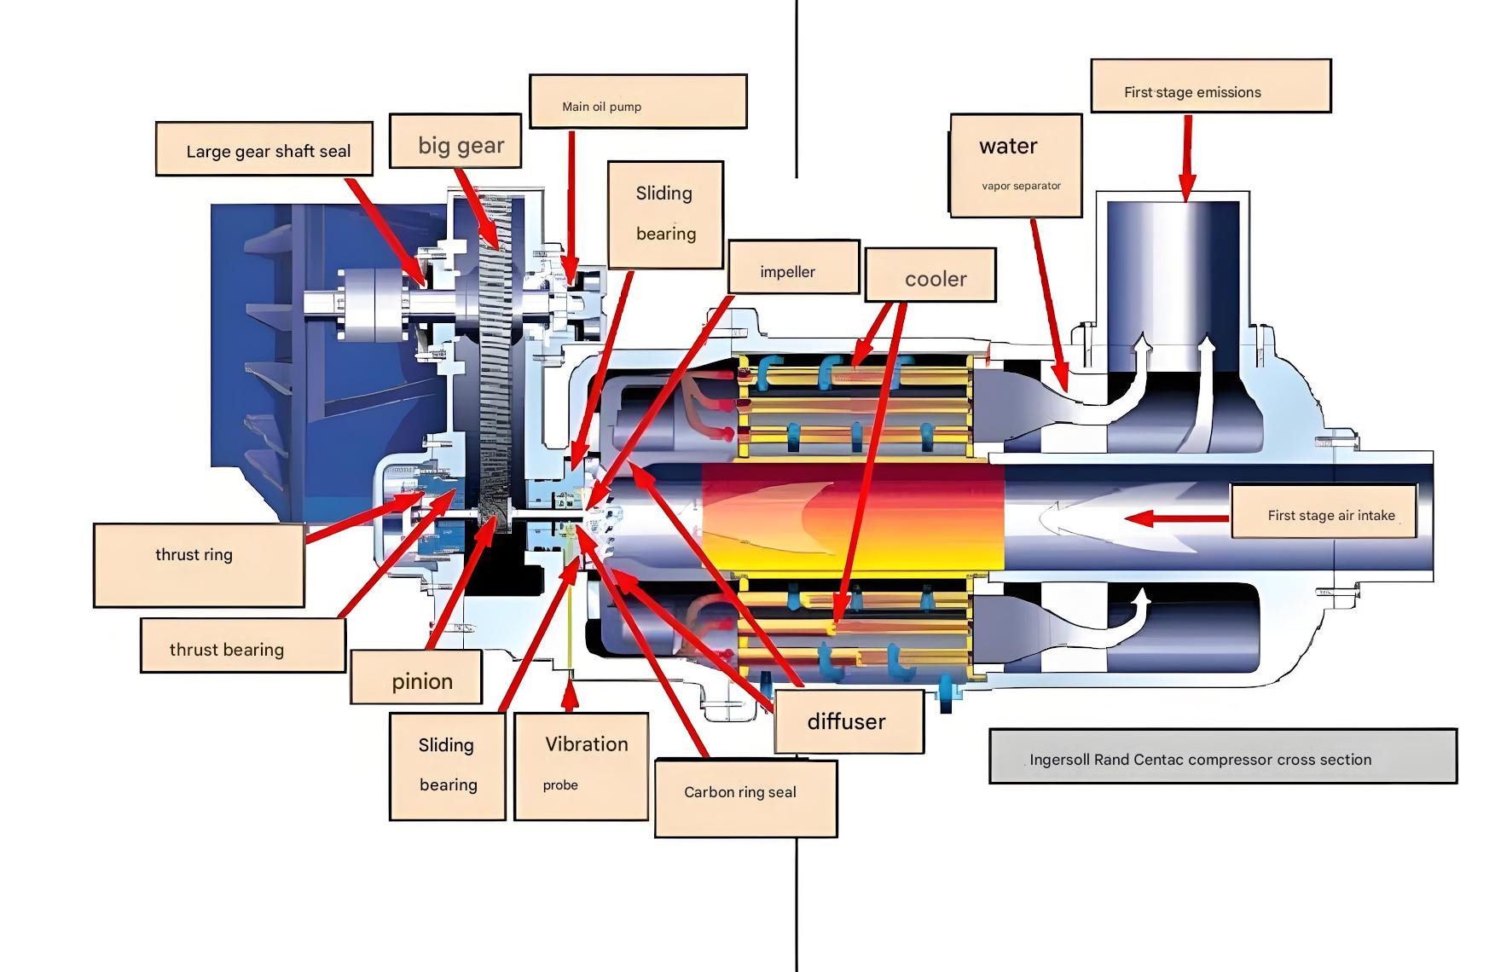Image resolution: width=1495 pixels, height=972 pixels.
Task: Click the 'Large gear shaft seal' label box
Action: (x=264, y=149)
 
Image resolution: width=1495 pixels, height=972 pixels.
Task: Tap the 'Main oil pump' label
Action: (x=638, y=101)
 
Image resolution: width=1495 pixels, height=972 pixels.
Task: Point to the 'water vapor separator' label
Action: (x=1016, y=165)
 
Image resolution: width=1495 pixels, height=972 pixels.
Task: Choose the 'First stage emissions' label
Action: (x=1210, y=86)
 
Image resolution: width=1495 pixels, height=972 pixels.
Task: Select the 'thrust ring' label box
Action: (x=199, y=565)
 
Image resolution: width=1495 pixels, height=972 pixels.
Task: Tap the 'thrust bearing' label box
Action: (x=243, y=645)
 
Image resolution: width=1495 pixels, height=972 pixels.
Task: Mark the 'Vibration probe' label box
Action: (x=582, y=766)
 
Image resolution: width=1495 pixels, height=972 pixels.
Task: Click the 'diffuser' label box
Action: (x=849, y=721)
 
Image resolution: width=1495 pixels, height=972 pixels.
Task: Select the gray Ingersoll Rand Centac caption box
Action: (x=1223, y=755)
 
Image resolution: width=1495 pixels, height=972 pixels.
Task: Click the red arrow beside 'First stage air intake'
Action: (x=1177, y=518)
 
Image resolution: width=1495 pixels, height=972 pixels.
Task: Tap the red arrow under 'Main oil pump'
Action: (x=571, y=205)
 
